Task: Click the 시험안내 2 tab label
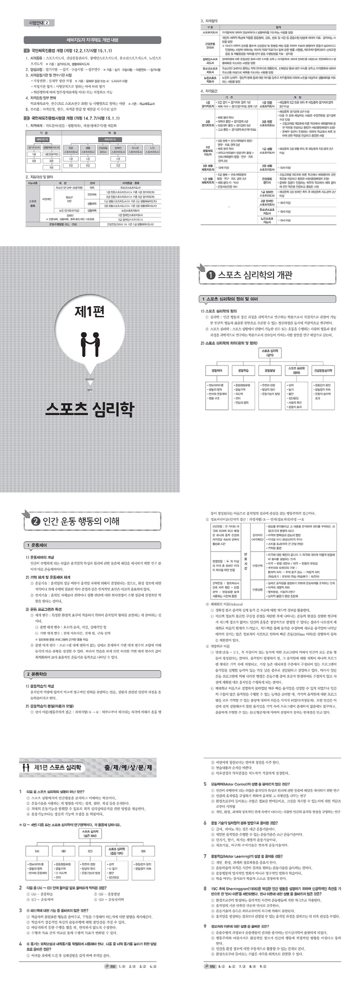pyautogui.click(x=39, y=23)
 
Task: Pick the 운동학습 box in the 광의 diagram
pyautogui.click(x=244, y=370)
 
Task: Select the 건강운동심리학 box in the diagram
pyautogui.click(x=326, y=370)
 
